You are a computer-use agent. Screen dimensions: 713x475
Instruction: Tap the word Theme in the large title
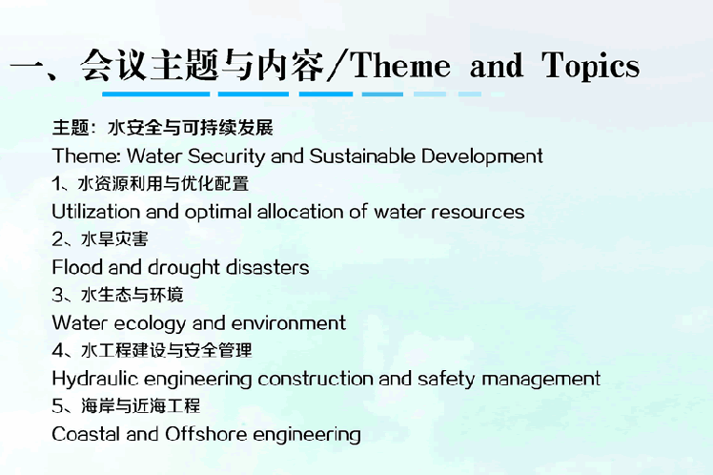[x=400, y=66]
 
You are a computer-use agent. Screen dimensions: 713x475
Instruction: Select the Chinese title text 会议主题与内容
[x=202, y=66]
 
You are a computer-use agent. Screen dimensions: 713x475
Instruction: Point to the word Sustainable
[x=362, y=156]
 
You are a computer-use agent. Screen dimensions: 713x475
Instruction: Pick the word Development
[x=482, y=156]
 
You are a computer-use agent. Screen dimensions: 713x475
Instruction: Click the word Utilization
[x=97, y=212]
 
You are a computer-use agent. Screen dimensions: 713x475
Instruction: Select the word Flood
[x=77, y=267]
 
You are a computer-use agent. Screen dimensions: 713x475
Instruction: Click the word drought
[x=185, y=267]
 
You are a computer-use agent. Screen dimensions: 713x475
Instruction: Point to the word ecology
[x=151, y=323]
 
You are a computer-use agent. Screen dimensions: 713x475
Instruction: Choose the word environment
[x=289, y=323]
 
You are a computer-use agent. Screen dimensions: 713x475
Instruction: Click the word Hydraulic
[x=95, y=379]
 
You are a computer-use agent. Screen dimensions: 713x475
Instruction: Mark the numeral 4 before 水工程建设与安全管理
[x=58, y=350]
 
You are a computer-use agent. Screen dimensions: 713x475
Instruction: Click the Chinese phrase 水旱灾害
[x=114, y=239]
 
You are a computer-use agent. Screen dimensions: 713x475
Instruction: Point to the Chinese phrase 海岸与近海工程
[x=140, y=405]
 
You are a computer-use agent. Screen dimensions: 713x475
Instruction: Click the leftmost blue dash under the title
[x=156, y=94]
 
